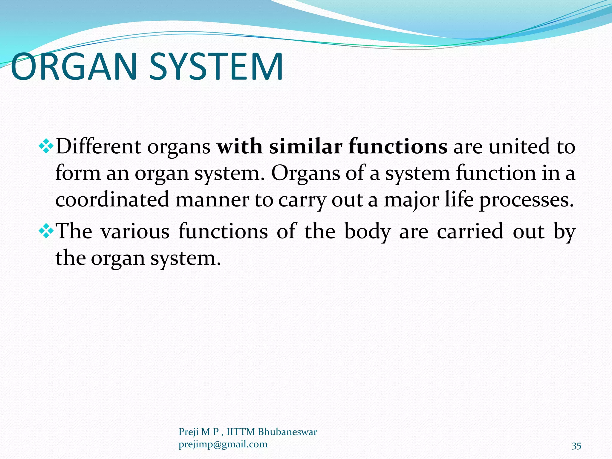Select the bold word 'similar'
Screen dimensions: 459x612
click(x=305, y=147)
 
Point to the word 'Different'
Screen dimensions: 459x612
click(x=99, y=147)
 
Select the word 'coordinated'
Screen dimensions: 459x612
click(x=112, y=200)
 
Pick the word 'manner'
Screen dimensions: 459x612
click(x=212, y=200)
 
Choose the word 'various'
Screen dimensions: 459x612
click(x=135, y=231)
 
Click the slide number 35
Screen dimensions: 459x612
click(x=576, y=446)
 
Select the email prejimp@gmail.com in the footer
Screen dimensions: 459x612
click(x=223, y=444)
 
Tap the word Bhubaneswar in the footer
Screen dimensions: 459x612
click(x=287, y=432)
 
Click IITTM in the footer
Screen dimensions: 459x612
click(x=241, y=432)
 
